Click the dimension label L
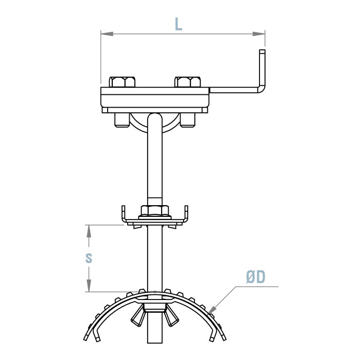point(178,23)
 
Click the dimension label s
point(89,258)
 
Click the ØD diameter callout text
point(255,277)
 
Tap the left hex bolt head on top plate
point(123,82)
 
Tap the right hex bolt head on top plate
point(188,82)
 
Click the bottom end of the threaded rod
point(154,341)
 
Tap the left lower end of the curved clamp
point(86,338)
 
